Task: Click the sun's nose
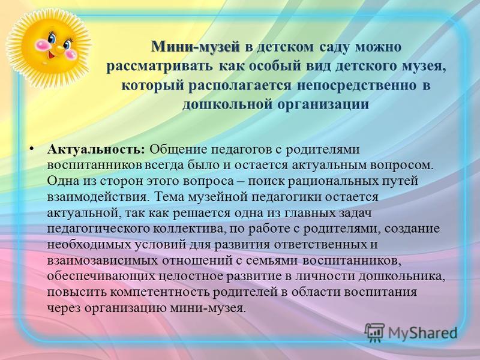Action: coord(59,49)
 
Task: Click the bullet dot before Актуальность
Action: coord(31,149)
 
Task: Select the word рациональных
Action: coord(333,181)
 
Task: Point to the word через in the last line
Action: coord(64,308)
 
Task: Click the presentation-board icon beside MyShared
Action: coord(374,332)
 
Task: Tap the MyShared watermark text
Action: coord(422,333)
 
